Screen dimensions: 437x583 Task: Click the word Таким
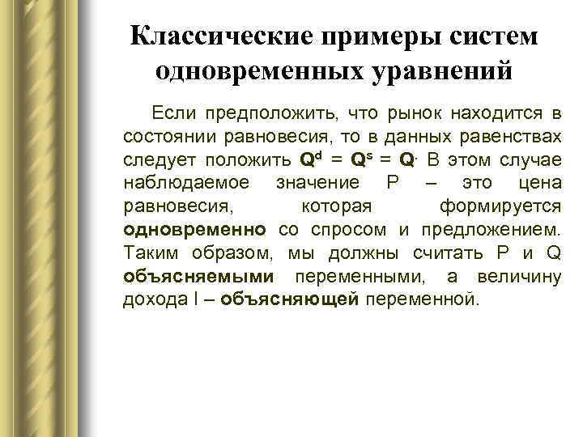(152, 252)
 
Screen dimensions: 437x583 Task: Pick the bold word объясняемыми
(199, 277)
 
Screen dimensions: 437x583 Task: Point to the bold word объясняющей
(289, 300)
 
